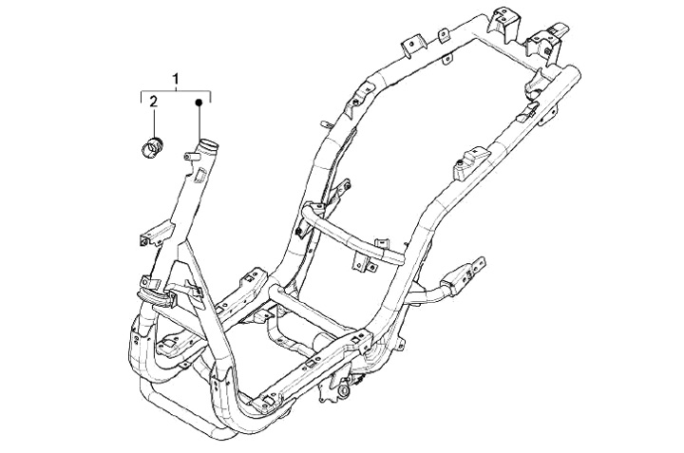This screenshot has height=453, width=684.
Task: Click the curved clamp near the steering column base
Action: [157, 291]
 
